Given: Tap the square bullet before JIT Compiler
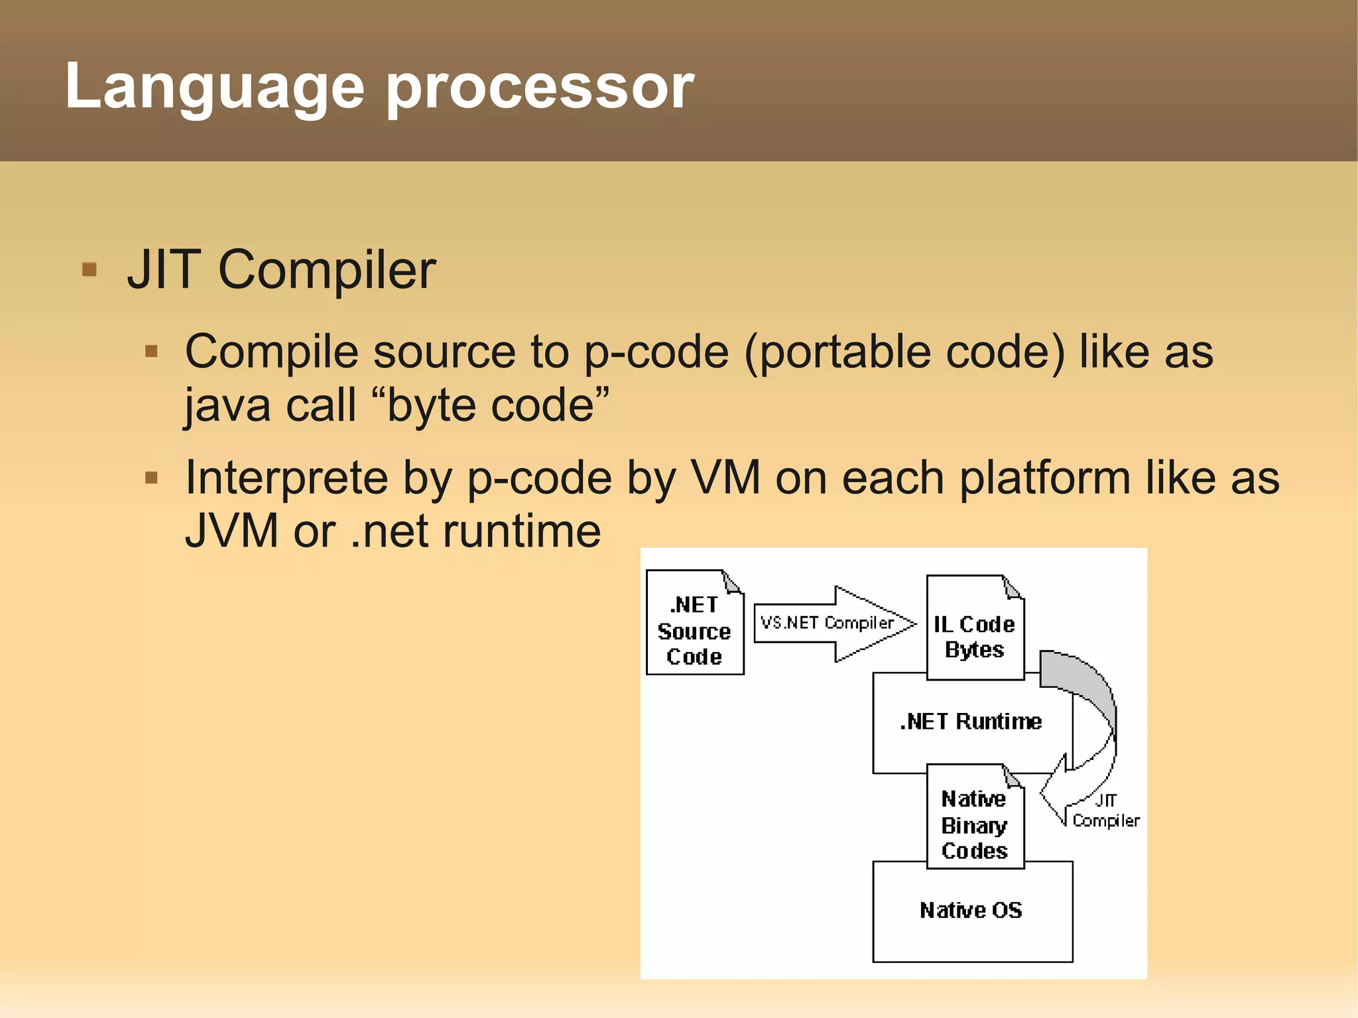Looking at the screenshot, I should coord(89,270).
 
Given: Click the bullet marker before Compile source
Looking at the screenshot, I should coord(151,351).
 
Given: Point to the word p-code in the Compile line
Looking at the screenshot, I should coord(656,351).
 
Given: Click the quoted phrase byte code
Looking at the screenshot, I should coord(497,405).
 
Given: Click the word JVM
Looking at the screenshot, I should coord(231,531).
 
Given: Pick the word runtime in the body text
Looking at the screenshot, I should coord(521,531).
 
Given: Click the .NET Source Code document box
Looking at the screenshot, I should coord(694,630).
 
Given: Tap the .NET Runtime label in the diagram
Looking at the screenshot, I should coord(971,722).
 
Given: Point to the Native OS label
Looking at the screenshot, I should coord(971,910).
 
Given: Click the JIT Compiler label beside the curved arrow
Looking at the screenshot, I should coord(1105,811).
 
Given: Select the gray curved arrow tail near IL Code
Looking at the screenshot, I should coord(1074,676).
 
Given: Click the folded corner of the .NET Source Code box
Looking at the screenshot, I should coord(732,582).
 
